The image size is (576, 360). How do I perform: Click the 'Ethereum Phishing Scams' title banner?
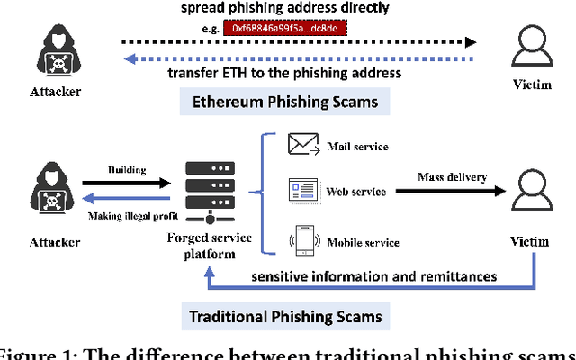[285, 102]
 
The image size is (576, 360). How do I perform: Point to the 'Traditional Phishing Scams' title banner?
[285, 316]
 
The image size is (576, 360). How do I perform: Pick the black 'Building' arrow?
[125, 183]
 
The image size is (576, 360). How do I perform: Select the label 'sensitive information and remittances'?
[373, 274]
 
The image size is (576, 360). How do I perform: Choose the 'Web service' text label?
[355, 192]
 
